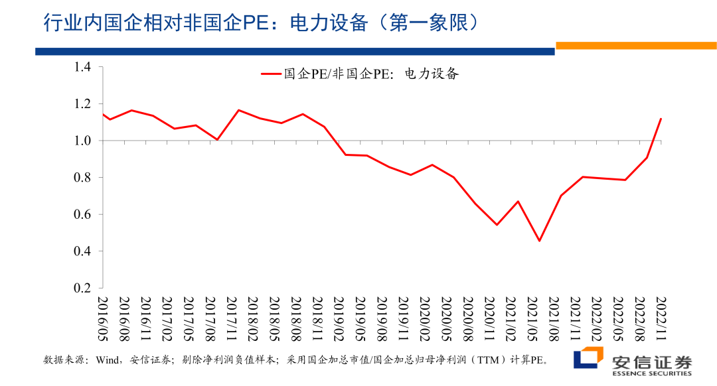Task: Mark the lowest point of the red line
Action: tap(539, 241)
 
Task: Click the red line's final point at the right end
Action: tap(661, 119)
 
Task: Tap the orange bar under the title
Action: tap(635, 45)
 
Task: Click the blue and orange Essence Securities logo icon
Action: tap(587, 359)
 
